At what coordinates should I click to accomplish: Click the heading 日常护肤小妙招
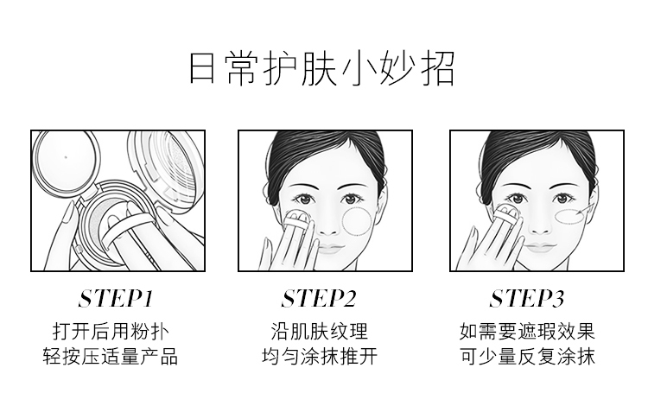pyautogui.click(x=321, y=68)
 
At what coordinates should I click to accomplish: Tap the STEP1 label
pyautogui.click(x=116, y=299)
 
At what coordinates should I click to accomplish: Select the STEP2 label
pyautogui.click(x=318, y=299)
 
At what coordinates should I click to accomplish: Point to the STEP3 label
pyautogui.click(x=526, y=299)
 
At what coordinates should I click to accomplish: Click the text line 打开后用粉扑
pyautogui.click(x=111, y=331)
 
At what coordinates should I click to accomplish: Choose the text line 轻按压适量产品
pyautogui.click(x=111, y=356)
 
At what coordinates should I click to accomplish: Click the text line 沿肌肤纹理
pyautogui.click(x=319, y=331)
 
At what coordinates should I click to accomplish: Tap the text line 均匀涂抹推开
pyautogui.click(x=320, y=356)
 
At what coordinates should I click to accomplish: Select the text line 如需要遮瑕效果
pyautogui.click(x=527, y=331)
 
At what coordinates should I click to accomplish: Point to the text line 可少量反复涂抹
pyautogui.click(x=527, y=356)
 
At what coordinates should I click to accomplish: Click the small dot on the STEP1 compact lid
pyautogui.click(x=67, y=157)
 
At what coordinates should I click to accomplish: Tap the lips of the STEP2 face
pyautogui.click(x=331, y=249)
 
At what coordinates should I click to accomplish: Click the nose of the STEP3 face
pyautogui.click(x=538, y=226)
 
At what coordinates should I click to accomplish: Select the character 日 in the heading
pyautogui.click(x=202, y=68)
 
